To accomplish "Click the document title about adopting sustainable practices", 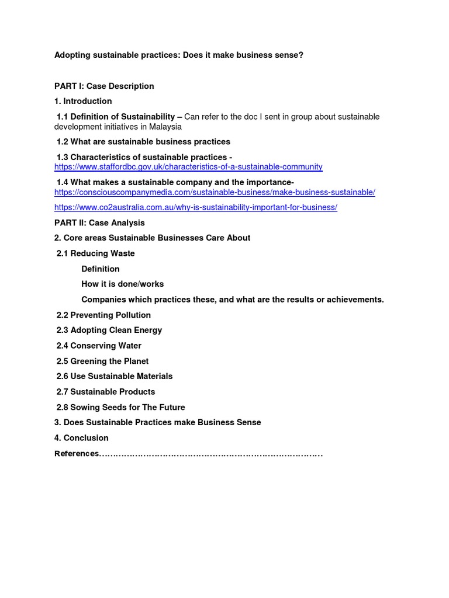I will point(179,55).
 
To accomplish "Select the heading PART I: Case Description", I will point(104,86).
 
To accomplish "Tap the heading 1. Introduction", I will point(83,101).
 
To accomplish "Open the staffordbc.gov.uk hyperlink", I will point(188,167).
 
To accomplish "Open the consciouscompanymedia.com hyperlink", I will point(215,192).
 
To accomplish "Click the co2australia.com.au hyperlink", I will point(196,207).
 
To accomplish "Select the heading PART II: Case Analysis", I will point(99,222).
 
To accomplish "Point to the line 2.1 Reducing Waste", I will point(95,253).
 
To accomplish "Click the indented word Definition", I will point(101,269).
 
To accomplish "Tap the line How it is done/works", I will point(123,284).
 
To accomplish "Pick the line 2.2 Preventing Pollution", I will point(103,315).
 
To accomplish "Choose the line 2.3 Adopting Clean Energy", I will point(109,330).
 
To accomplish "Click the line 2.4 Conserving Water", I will point(99,346).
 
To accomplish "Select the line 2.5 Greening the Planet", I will point(102,361).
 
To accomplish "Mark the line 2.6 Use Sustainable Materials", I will point(115,376).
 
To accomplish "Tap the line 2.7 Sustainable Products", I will point(106,391).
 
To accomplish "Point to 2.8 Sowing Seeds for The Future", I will point(120,407).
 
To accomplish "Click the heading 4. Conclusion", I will point(81,437).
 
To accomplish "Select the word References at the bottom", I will point(77,454).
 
